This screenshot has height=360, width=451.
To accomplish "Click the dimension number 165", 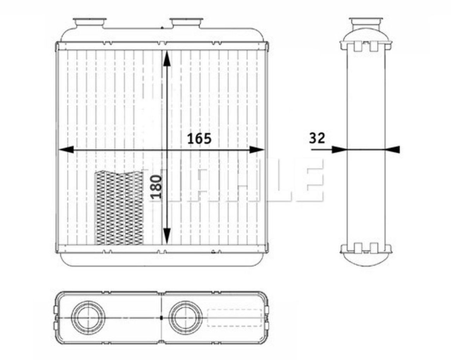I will point(199,139).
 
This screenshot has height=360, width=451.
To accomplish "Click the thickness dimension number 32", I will point(317,138).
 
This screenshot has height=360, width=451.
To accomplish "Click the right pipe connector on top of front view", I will point(186,23).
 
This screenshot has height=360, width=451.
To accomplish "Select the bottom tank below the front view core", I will point(162,260).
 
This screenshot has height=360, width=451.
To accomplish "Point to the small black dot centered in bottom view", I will point(161,318).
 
